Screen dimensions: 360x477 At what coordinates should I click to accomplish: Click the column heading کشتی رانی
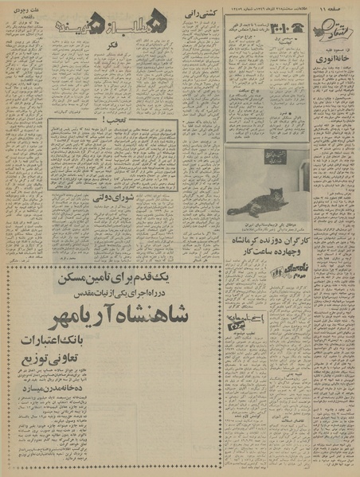198,15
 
